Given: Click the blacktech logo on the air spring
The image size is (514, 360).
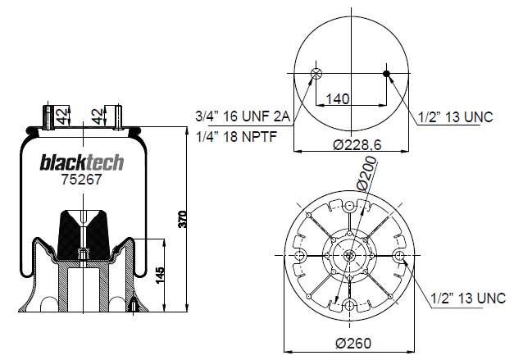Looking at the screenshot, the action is (x=82, y=162).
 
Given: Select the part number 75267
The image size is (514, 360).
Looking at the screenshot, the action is (x=82, y=180).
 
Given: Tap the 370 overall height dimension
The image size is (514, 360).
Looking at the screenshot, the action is (x=183, y=219).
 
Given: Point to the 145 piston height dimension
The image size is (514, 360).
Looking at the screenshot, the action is (x=160, y=276).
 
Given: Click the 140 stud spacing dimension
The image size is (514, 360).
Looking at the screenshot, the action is (x=338, y=98).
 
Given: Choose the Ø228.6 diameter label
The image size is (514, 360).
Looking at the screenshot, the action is (x=357, y=144).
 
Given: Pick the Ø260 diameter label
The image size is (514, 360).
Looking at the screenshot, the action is (x=353, y=343).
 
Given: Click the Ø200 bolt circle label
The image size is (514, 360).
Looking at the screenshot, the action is (x=367, y=174).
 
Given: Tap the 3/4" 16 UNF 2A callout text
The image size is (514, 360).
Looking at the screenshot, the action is (x=243, y=116).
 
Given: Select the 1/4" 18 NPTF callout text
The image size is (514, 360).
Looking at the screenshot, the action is (x=236, y=136).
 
